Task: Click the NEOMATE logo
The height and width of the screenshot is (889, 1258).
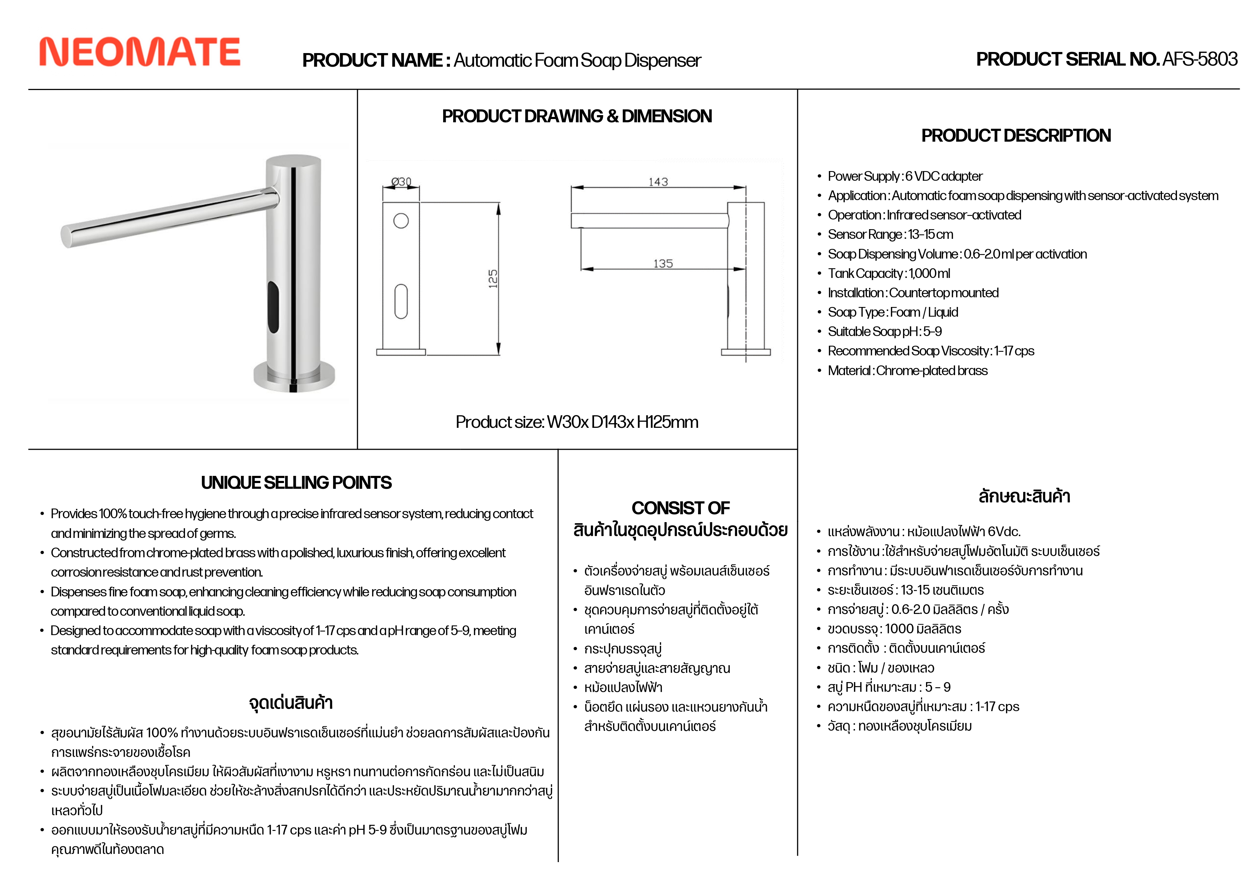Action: pos(140,52)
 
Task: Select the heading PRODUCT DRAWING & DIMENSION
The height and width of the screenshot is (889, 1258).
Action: pos(577,116)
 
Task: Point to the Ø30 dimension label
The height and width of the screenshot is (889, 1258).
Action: pos(401,181)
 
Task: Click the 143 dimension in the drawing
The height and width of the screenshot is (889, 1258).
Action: pos(658,182)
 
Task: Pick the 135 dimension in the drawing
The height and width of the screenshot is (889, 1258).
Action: pos(663,264)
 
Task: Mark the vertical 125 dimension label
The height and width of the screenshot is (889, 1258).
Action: pos(493,278)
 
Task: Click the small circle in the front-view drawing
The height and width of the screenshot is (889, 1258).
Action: pos(401,221)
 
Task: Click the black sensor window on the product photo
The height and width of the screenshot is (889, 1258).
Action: pos(273,307)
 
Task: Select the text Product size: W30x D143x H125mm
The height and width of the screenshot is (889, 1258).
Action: pos(577,422)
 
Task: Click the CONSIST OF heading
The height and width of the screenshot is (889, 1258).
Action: pos(680,508)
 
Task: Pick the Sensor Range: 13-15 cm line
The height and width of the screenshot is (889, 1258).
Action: pos(891,235)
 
